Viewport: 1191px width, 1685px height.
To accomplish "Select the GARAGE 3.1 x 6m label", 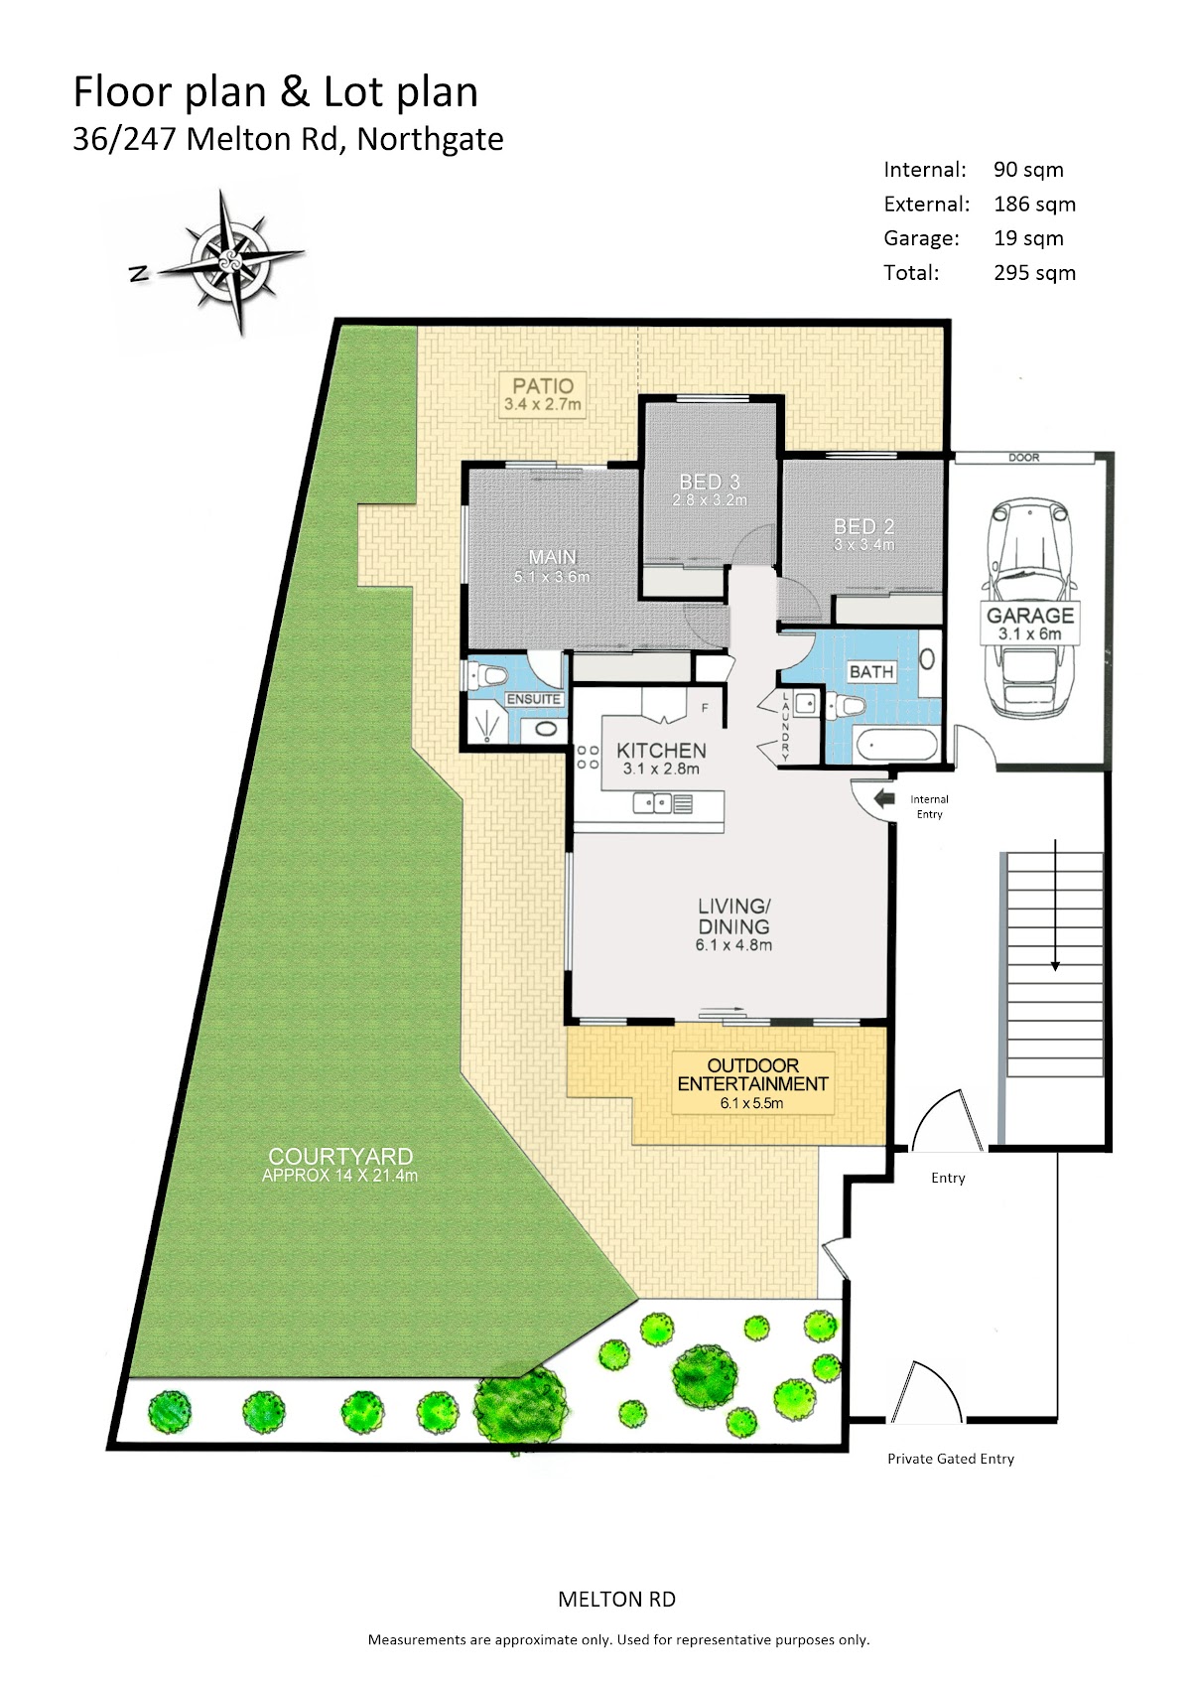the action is point(1029,623).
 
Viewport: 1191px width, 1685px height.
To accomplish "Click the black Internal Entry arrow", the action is point(882,797).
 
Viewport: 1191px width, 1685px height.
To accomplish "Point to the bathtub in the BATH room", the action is point(897,746).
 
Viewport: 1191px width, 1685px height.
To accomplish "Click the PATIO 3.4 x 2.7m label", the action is point(543,394).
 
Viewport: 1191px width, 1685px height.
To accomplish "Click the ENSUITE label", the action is point(533,699).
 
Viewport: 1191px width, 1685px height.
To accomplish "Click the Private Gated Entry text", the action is point(951,1459).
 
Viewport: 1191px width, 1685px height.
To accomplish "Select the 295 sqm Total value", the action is point(1034,272).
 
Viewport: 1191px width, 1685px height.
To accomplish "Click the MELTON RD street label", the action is point(616,1600).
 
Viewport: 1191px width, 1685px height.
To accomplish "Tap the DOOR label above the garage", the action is point(1024,458).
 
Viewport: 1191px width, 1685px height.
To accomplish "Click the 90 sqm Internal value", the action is point(1028,169).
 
